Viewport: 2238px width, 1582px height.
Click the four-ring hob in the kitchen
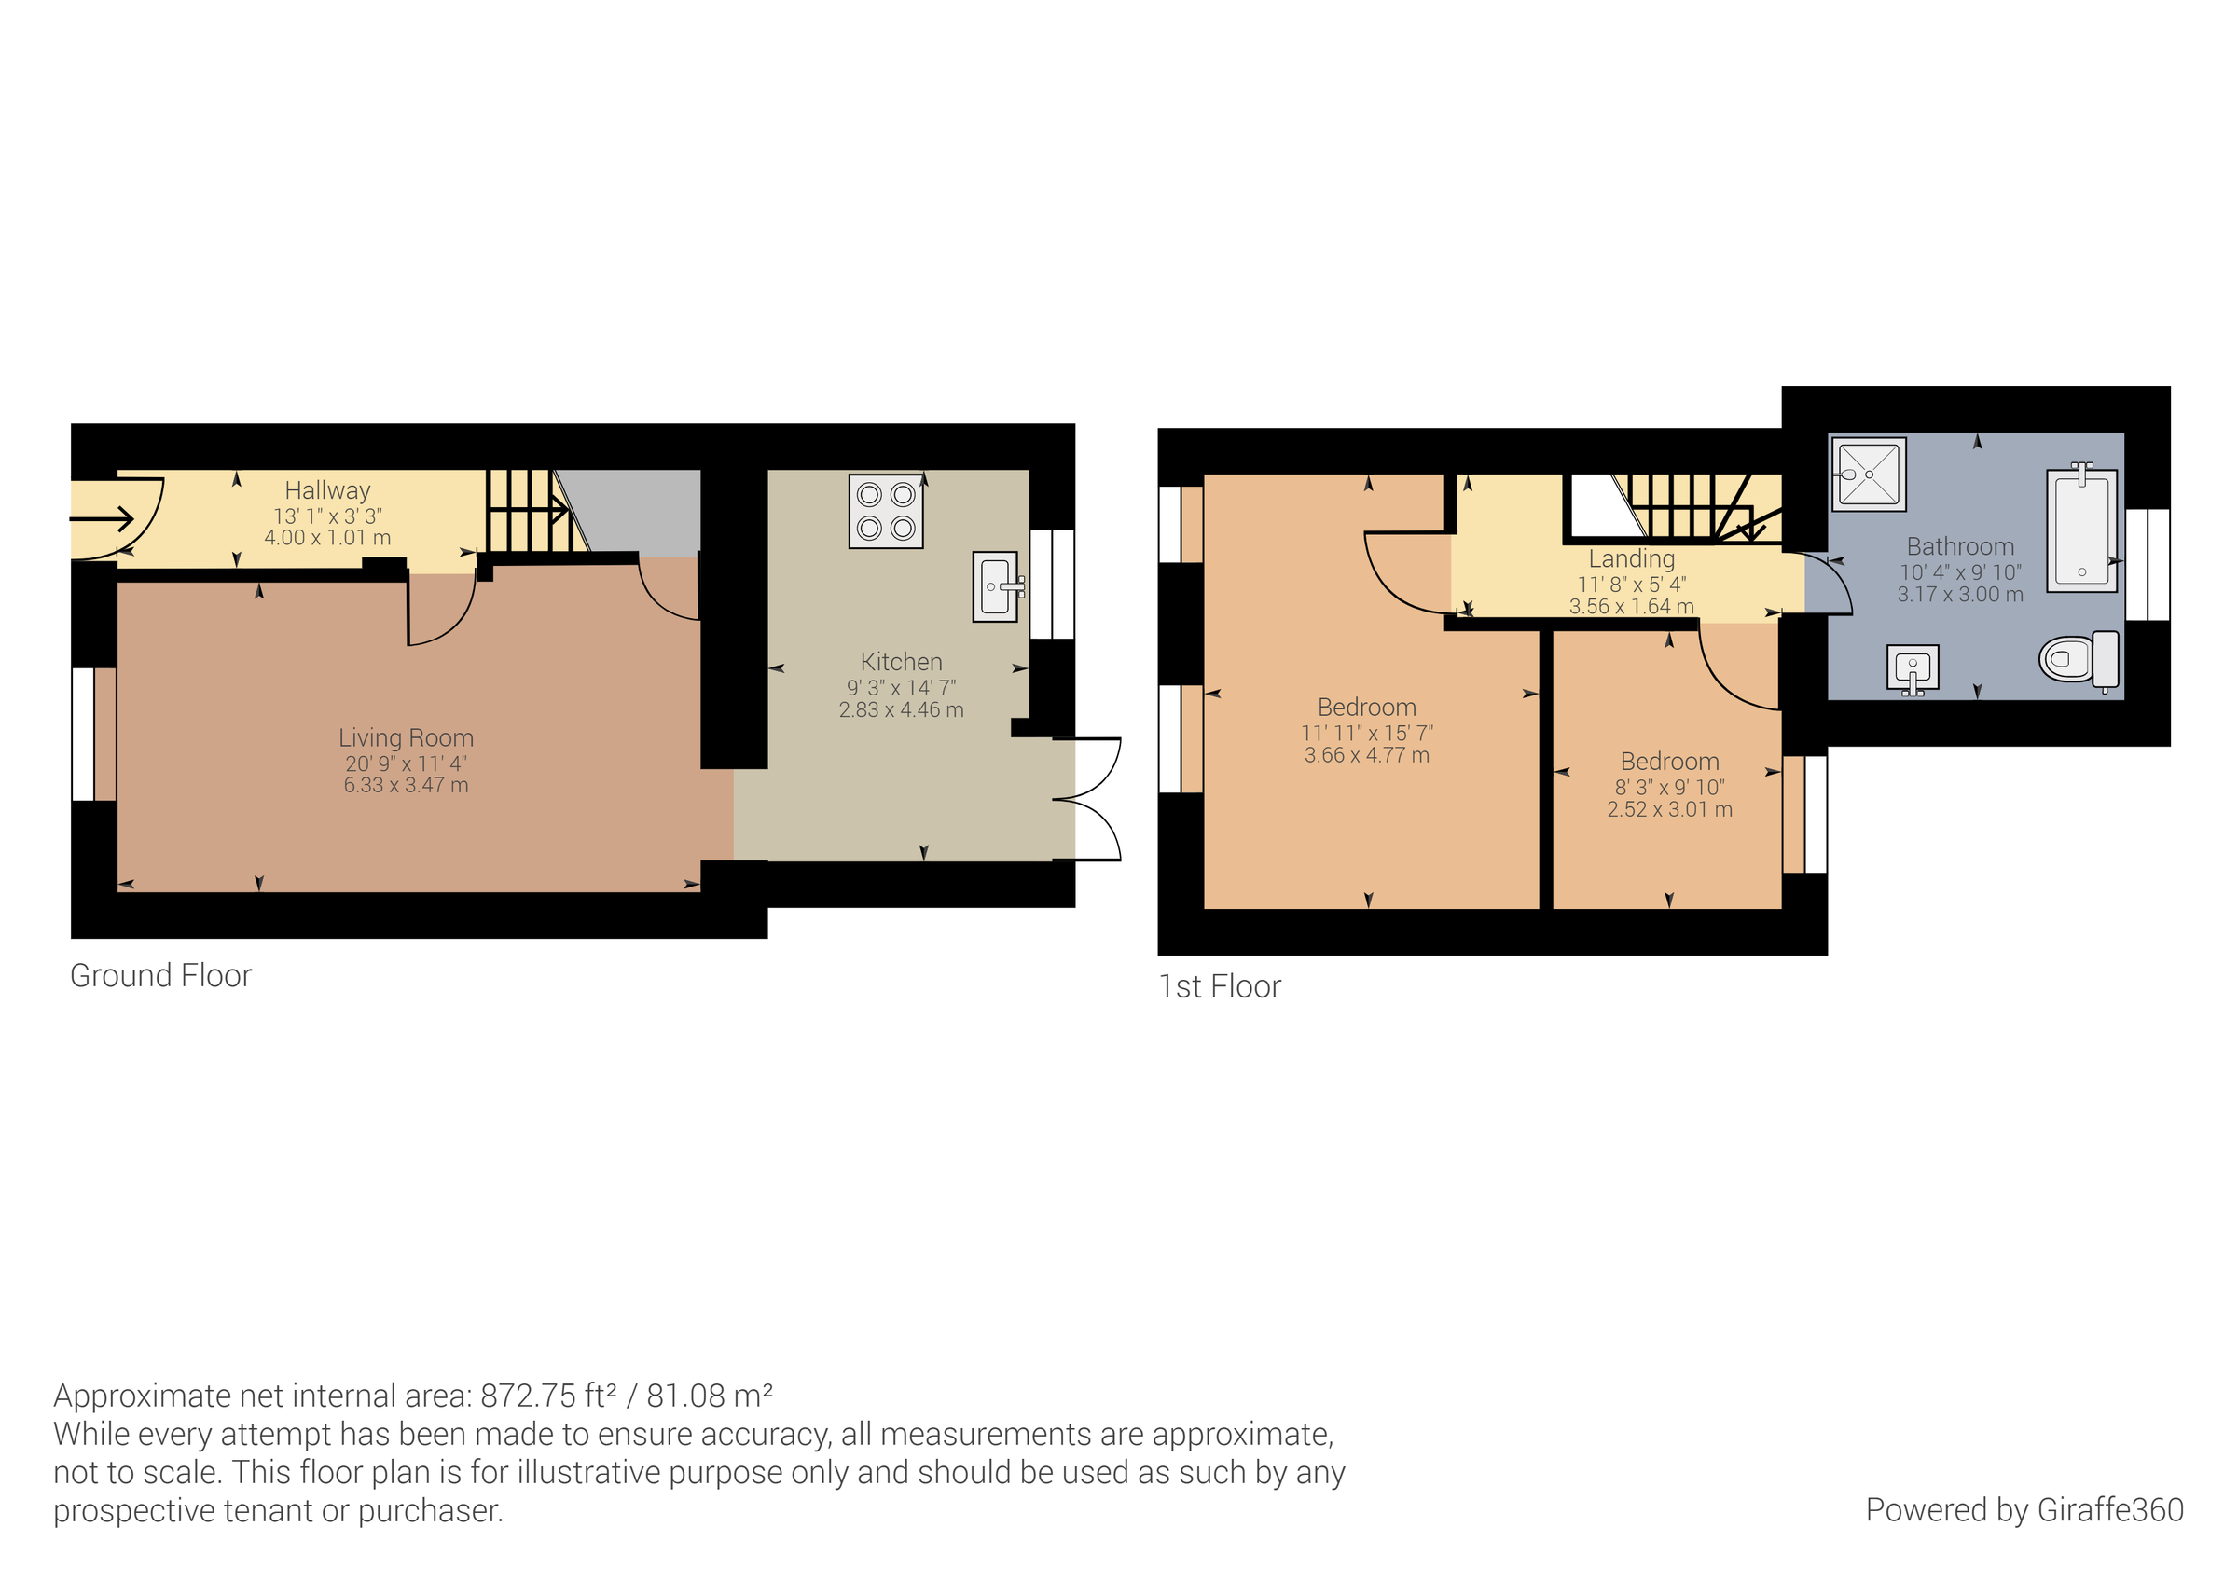885,512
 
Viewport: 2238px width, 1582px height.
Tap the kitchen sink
996,586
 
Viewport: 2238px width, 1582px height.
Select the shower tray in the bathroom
1869,475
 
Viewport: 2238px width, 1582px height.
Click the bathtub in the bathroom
2081,530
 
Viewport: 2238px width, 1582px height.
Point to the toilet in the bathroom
2078,660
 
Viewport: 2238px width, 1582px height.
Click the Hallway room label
327,490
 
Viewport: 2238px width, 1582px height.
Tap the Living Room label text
406,738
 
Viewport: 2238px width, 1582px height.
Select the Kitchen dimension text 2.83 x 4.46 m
901,710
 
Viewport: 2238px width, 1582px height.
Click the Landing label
1631,558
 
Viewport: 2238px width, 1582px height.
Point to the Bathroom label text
1959,547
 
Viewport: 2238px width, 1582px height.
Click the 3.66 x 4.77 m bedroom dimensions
1367,755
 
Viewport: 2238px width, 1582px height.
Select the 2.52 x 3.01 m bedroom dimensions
1669,809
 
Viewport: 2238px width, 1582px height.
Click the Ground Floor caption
160,976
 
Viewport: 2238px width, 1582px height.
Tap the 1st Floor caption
1220,986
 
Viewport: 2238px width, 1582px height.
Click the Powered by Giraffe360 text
2024,1510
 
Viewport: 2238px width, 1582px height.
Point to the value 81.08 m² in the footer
709,1396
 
